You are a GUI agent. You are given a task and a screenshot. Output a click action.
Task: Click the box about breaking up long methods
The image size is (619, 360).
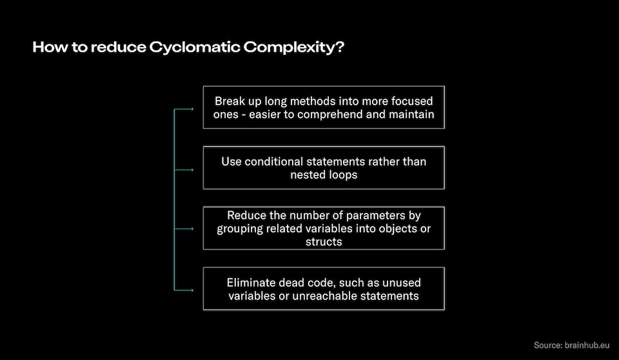tap(324, 107)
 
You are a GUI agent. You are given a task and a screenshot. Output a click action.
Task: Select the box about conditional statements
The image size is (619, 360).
tap(324, 168)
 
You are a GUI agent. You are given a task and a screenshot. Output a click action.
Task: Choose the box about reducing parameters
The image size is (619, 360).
tap(324, 228)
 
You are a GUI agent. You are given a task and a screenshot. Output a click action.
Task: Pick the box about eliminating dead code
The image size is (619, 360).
tap(324, 288)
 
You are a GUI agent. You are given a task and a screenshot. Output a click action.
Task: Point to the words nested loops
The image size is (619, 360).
tap(324, 175)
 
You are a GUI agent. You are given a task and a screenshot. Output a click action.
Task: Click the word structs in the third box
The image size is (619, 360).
tap(324, 242)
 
